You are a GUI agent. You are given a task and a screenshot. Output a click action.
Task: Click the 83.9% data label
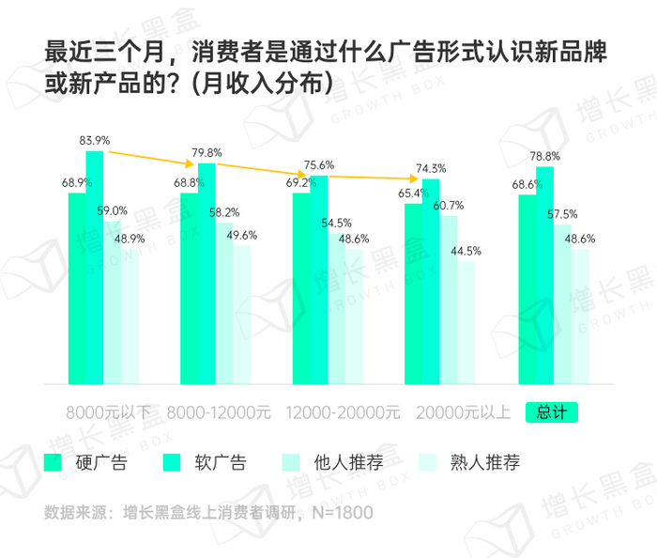[96, 141]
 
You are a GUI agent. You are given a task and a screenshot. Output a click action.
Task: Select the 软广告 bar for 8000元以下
[95, 268]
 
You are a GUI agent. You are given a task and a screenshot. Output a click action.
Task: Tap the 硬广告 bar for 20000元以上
[414, 293]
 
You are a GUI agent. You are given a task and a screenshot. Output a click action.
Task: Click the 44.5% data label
[466, 251]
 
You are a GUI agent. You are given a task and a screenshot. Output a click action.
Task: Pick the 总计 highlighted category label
[552, 411]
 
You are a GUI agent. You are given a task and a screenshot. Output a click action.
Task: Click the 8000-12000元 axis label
[219, 411]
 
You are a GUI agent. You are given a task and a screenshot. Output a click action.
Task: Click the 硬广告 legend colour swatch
[53, 461]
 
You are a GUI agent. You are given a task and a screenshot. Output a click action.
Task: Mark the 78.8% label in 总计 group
[545, 156]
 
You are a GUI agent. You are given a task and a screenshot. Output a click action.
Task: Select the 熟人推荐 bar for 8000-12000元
[241, 315]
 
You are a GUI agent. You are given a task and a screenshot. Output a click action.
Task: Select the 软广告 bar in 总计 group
[544, 275]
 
